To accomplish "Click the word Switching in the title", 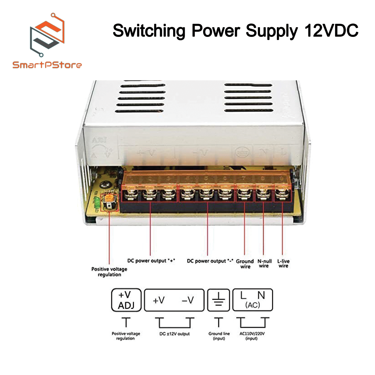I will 149,31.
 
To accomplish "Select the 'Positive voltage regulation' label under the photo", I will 109,272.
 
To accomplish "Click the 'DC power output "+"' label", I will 151,261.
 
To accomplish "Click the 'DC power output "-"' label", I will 210,261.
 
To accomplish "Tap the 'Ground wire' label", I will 245,264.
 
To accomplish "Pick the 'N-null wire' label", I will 264,263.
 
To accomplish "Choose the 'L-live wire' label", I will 283,263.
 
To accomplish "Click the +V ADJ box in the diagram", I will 126,300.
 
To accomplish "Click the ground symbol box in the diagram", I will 219,300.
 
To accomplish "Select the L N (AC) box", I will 252,300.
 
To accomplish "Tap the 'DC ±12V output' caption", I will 174,334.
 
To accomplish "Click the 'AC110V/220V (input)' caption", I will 252,336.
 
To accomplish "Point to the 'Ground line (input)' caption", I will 219,336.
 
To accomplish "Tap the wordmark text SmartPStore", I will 47,65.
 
